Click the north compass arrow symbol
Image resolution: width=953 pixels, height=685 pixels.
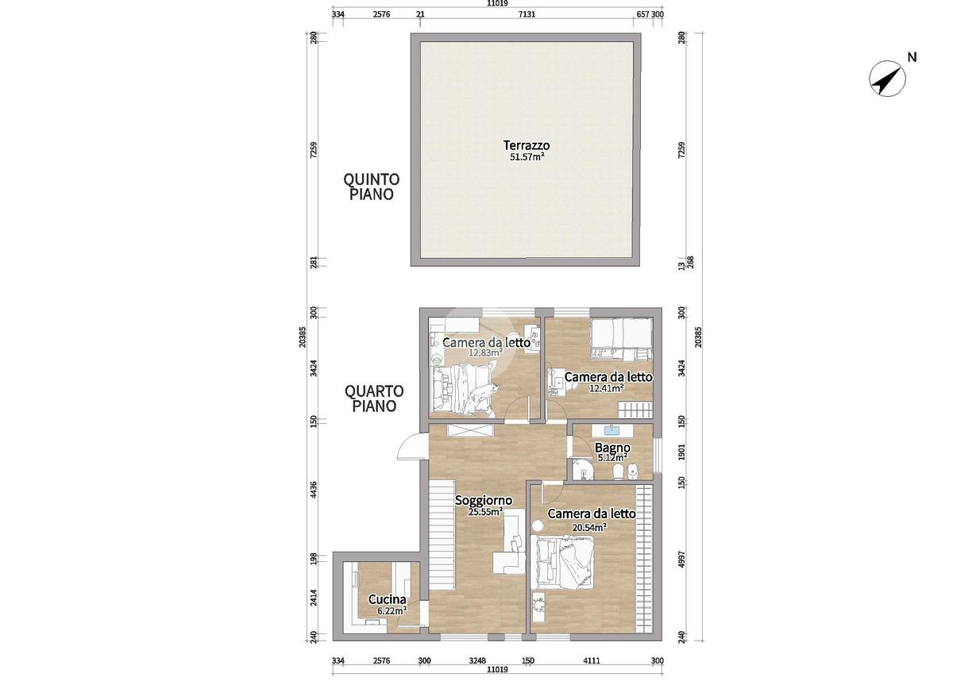[x=887, y=79]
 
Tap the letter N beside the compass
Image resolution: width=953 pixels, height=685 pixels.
[x=912, y=57]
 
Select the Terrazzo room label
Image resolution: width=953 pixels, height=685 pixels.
[x=527, y=145]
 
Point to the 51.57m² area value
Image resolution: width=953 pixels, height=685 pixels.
[x=527, y=156]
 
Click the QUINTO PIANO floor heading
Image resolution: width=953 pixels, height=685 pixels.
[x=372, y=187]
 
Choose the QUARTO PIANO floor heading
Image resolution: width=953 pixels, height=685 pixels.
[x=374, y=398]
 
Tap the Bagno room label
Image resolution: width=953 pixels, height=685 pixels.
[x=612, y=448]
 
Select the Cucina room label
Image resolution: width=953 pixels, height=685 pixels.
[x=387, y=599]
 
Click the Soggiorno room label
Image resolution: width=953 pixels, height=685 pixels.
[x=484, y=501]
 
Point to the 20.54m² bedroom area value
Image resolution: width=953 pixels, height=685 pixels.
[x=589, y=528]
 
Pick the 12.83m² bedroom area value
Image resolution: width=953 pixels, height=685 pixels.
[x=485, y=352]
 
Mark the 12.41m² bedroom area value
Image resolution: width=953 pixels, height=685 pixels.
[x=606, y=388]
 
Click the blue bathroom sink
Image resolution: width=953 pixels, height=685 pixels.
[x=612, y=430]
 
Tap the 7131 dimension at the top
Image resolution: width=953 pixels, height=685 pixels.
[x=527, y=14]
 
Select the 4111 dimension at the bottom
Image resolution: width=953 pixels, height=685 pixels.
[x=592, y=660]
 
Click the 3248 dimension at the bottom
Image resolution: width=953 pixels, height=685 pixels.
[x=477, y=660]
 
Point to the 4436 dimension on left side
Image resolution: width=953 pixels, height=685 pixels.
[x=314, y=489]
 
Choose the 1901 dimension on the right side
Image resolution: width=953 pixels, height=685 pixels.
[x=681, y=452]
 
